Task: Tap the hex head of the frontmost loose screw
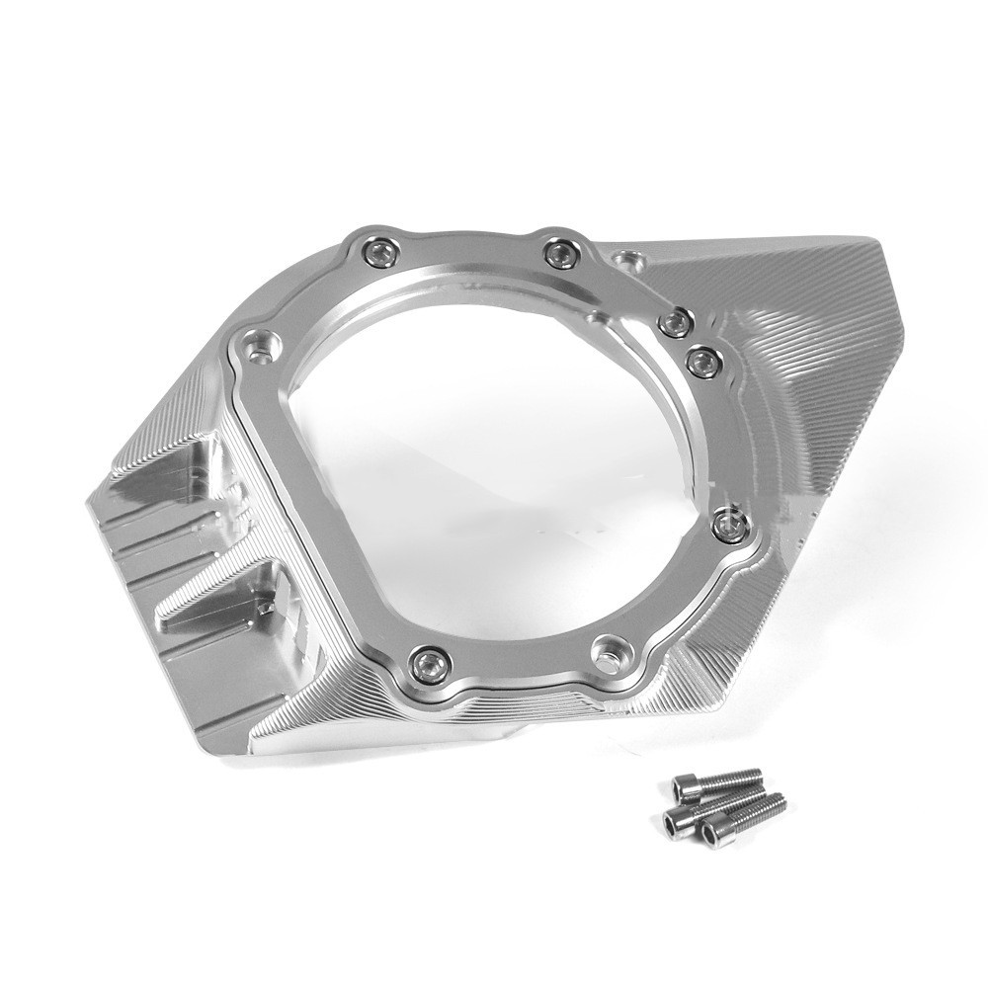point(713,833)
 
